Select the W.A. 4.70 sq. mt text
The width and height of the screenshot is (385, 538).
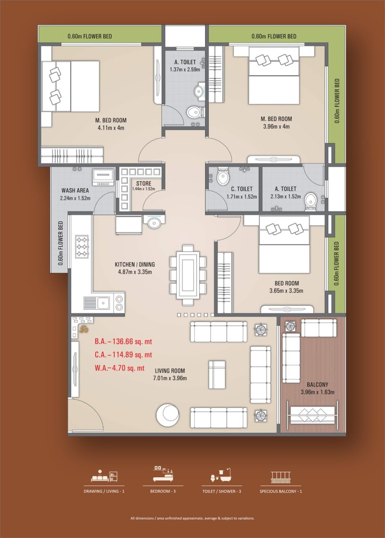(x=120, y=368)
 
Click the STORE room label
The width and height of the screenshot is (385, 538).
(x=143, y=184)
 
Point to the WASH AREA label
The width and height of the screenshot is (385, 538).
(x=74, y=190)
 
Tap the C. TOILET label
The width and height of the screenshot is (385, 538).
(x=239, y=189)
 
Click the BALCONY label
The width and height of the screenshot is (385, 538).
(x=317, y=384)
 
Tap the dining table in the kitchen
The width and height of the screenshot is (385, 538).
(x=188, y=274)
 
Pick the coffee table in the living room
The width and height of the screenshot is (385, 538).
(x=217, y=374)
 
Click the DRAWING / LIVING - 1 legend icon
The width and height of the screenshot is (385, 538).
(x=104, y=475)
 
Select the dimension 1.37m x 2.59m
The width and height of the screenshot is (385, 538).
(x=185, y=70)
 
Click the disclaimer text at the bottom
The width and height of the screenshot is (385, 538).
(x=192, y=518)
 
